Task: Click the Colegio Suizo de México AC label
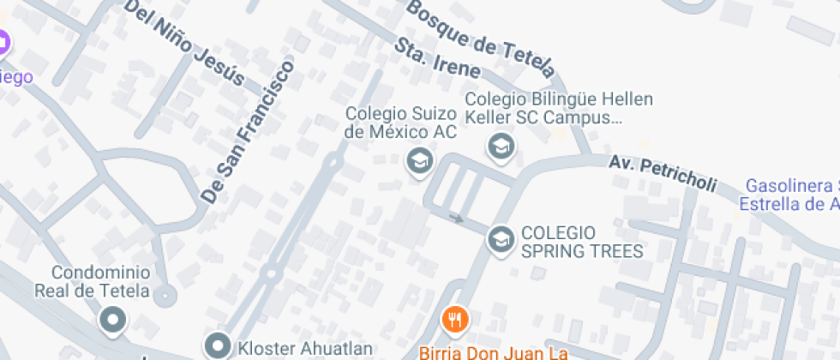(400, 123)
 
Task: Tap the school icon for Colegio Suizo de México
(418, 159)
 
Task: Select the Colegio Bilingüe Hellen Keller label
(559, 108)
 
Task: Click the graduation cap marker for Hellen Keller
(500, 147)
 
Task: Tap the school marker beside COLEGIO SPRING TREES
(500, 239)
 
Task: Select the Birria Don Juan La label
(494, 351)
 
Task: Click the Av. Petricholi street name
(663, 175)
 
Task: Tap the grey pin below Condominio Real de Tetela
(112, 321)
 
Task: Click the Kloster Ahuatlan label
(305, 348)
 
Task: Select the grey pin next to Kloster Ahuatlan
(218, 346)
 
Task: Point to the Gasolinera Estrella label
(789, 195)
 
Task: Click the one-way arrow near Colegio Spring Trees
(457, 219)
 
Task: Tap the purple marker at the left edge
(3, 41)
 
